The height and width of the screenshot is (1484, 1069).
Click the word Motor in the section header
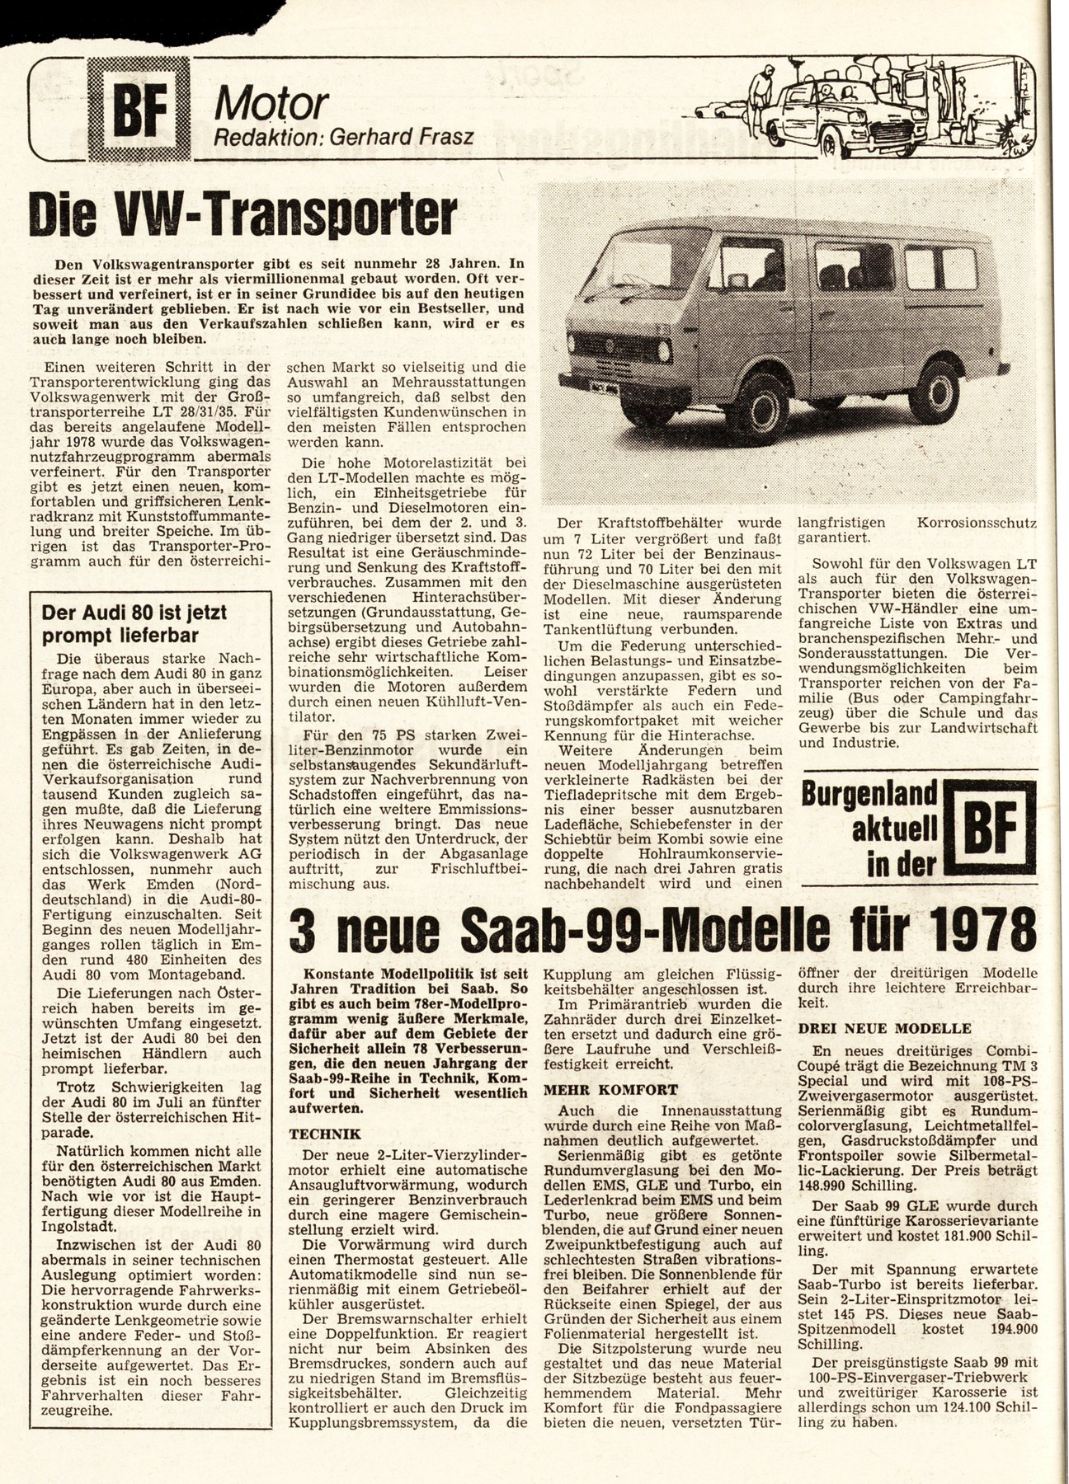coord(271,105)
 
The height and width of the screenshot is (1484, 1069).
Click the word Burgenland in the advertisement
coord(869,796)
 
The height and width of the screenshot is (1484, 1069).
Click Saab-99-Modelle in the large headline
coord(601,929)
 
